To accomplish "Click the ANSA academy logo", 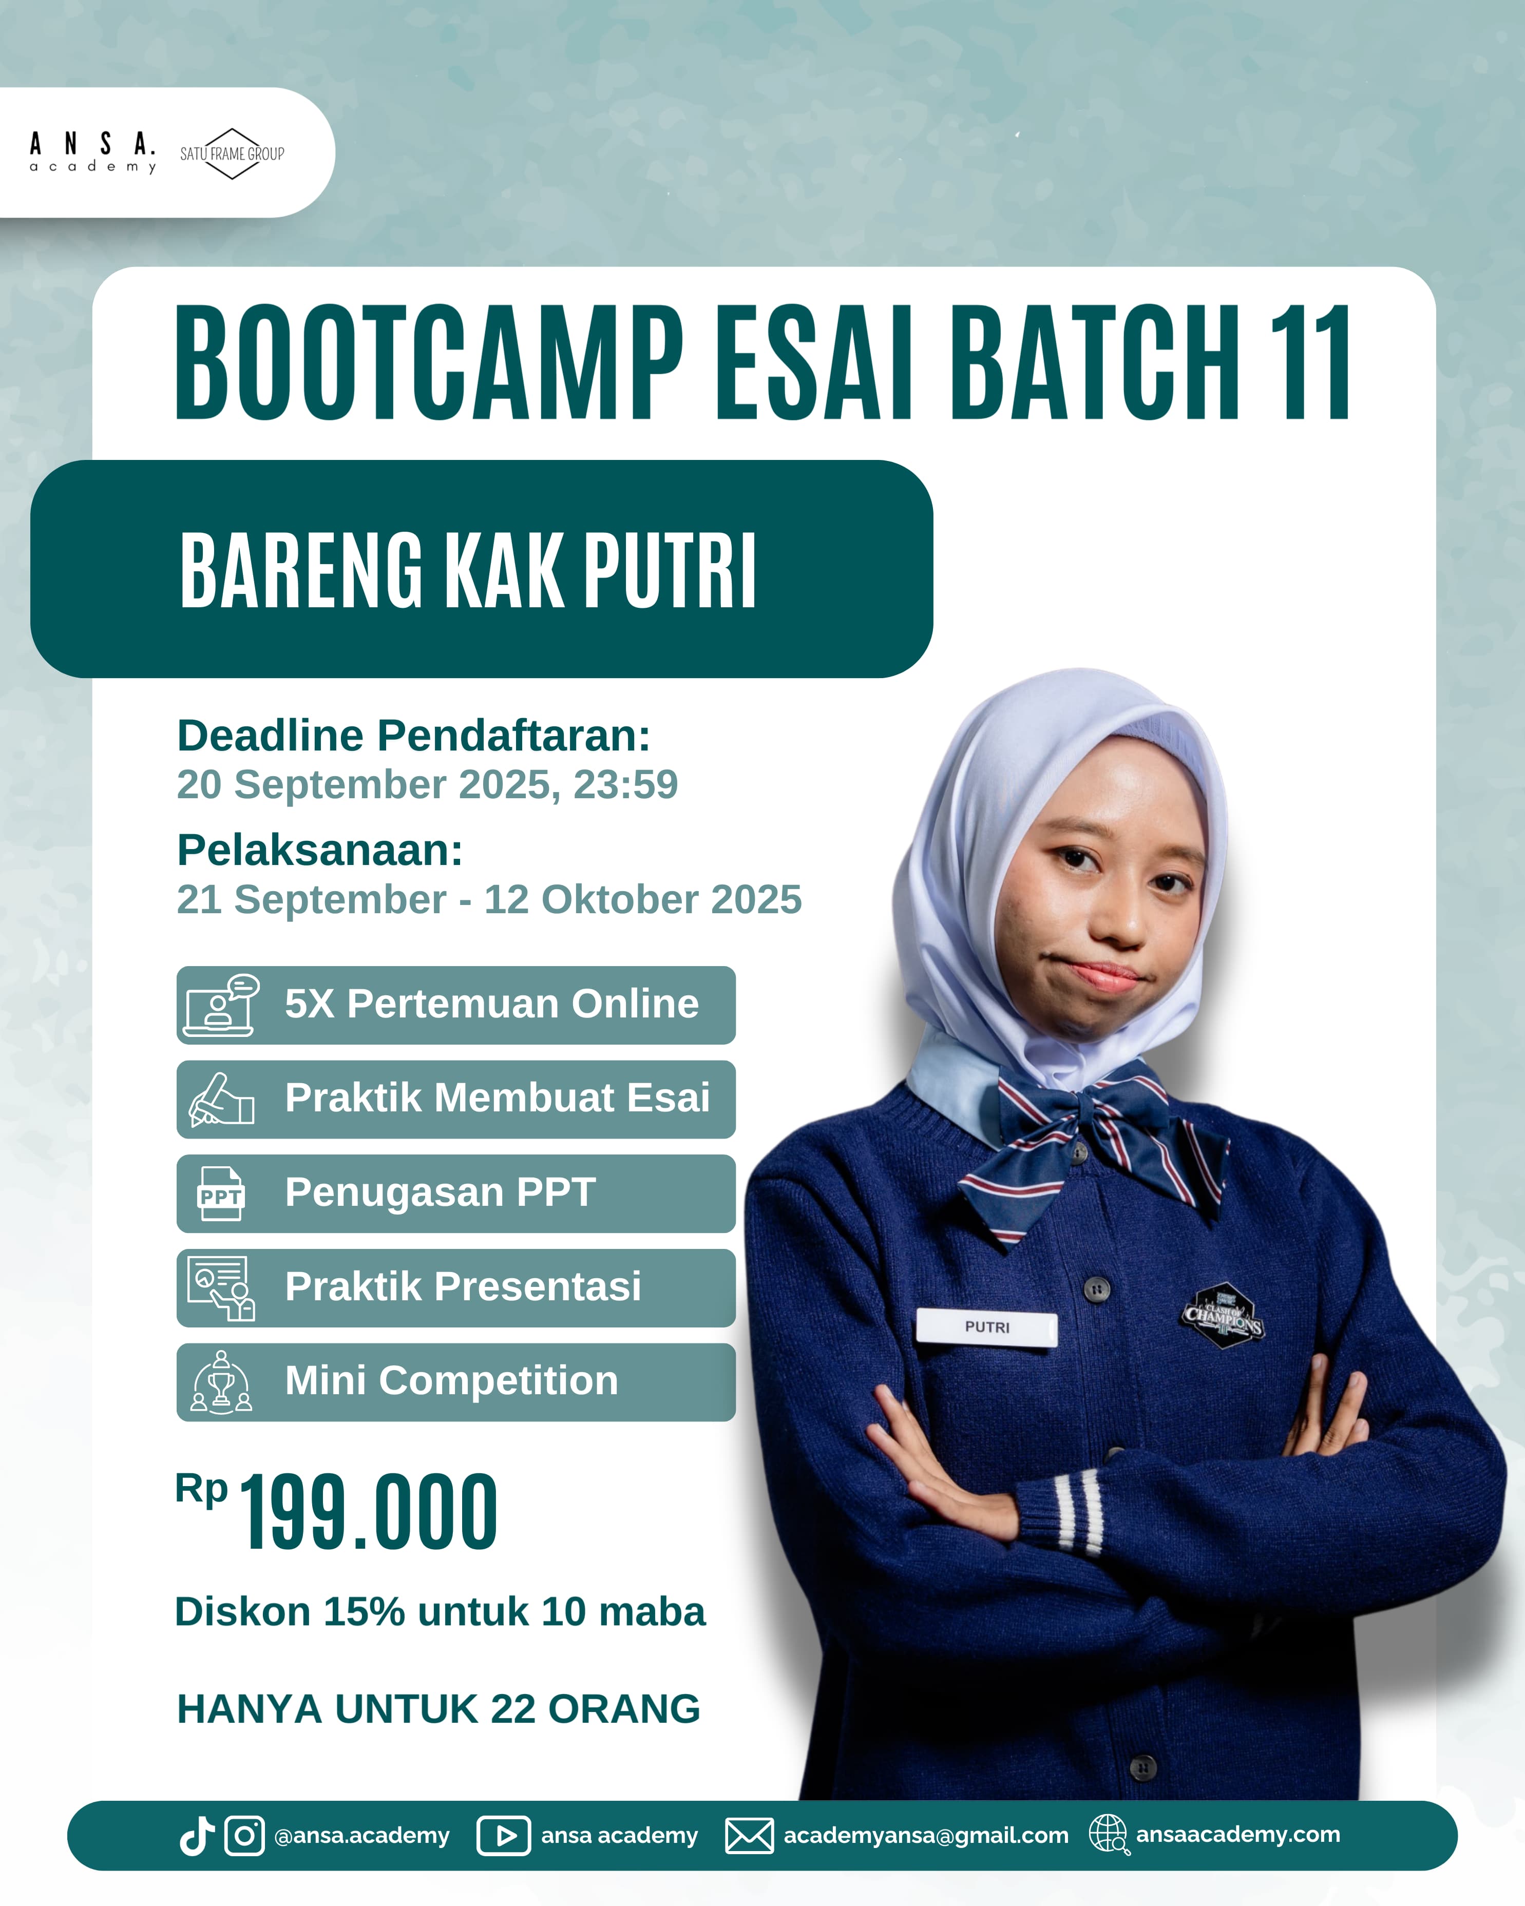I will pos(93,152).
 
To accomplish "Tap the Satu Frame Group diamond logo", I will pos(232,153).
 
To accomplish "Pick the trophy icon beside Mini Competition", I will pos(221,1382).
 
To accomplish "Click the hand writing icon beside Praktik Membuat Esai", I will pos(221,1100).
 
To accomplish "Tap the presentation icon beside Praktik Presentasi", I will pos(221,1288).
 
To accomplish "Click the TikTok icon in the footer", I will pos(196,1835).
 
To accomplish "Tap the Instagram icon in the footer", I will pos(244,1835).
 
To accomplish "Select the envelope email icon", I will pos(749,1835).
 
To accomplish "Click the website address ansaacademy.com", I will pos(1237,1835).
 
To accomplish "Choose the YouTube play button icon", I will pos(504,1835).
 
